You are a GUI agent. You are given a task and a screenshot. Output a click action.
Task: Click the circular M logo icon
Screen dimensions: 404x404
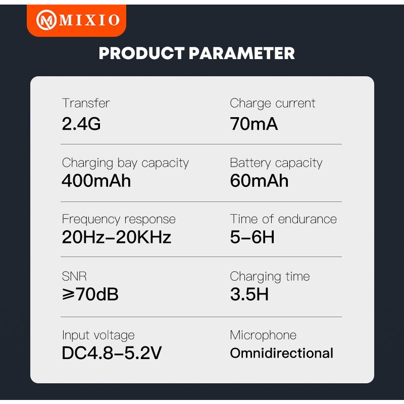coord(47,20)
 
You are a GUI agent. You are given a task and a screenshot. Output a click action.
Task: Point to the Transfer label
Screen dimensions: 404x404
coord(86,103)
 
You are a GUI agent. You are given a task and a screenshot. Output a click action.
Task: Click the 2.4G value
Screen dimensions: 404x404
coord(81,124)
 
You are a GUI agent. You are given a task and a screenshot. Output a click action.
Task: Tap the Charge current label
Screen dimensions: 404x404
coord(272,103)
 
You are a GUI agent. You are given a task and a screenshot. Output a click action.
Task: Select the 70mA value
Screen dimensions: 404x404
coord(254,124)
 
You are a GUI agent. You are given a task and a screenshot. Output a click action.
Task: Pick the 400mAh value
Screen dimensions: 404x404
coord(96,181)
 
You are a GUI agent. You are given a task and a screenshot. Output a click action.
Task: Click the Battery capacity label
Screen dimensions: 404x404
coord(276,163)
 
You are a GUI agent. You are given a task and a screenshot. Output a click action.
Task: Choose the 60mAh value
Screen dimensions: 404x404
coord(259,181)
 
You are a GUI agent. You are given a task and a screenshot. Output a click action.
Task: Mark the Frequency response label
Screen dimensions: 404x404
coord(119,219)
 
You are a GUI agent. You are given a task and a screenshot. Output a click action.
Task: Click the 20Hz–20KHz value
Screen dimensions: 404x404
coord(117,237)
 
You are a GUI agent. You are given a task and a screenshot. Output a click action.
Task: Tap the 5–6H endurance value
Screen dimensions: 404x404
coord(252,237)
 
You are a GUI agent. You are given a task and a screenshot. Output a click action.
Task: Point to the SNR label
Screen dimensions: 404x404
coord(75,276)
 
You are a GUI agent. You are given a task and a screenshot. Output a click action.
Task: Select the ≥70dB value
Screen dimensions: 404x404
coord(90,294)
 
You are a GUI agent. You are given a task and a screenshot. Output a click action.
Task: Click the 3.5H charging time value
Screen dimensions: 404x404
coord(249,294)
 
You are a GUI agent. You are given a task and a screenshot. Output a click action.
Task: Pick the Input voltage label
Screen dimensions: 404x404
coord(98,335)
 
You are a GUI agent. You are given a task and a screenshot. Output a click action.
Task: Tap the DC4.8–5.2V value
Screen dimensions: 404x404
coord(112,353)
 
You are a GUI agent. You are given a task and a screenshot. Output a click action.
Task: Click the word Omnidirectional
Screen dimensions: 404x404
coord(281,353)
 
